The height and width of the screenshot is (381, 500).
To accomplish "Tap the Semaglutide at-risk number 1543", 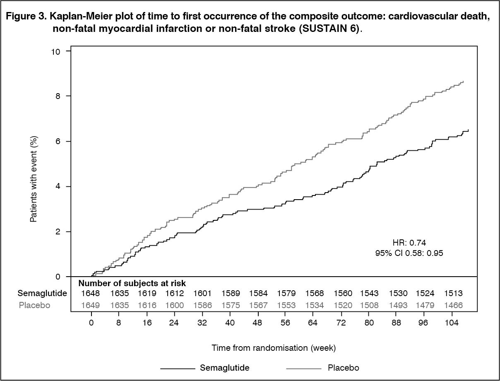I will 369,294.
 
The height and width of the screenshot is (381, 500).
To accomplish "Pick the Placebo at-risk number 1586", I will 202,305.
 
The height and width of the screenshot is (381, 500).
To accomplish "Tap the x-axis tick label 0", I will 91,323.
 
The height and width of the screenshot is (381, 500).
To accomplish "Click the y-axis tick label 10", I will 55,51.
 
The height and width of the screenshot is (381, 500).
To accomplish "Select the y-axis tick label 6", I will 58,141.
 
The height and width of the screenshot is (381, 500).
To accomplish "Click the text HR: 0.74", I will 409,243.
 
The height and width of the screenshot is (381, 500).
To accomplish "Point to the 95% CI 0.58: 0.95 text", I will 409,253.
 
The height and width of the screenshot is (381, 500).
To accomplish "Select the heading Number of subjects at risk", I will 132,284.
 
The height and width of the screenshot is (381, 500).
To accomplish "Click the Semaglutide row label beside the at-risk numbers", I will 42,294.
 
